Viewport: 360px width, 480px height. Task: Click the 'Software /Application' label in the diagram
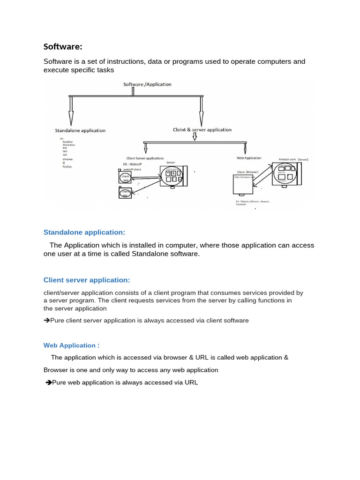coord(147,84)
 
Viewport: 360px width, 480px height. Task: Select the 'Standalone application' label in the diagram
coord(80,130)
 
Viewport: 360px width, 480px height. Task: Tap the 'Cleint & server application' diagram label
coord(202,129)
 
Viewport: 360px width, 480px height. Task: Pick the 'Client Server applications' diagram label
coord(145,158)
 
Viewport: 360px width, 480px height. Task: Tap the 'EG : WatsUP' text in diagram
coord(134,164)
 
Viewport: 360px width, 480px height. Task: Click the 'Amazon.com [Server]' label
coord(293,159)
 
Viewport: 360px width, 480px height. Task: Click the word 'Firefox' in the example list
coord(67,166)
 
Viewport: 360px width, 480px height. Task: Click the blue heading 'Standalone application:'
coord(84,232)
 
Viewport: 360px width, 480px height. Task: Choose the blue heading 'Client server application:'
coord(87,280)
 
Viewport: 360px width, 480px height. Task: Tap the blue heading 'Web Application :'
coord(71,345)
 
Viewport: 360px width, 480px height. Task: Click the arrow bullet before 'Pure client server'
coord(46,321)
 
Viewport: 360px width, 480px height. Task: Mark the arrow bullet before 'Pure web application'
coord(48,382)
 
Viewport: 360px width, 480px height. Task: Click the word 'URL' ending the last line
coord(191,382)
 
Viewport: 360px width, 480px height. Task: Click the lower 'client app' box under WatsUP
coord(125,192)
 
